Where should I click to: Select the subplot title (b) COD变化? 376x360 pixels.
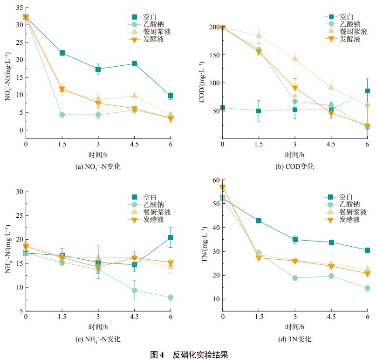295,166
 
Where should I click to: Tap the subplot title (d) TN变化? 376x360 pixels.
295,339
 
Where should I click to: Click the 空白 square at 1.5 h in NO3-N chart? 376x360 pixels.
62,53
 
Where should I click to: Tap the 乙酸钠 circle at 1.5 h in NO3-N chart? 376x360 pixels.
62,115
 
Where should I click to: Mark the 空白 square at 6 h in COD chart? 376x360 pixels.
367,91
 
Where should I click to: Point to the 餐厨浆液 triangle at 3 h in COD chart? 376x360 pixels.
295,59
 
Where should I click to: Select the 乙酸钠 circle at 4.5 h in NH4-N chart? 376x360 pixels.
134,290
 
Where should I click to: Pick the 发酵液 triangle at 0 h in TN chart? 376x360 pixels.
223,187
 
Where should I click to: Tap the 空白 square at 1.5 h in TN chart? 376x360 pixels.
259,221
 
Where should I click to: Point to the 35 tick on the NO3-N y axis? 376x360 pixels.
19,7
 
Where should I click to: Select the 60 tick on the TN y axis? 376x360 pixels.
216,180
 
